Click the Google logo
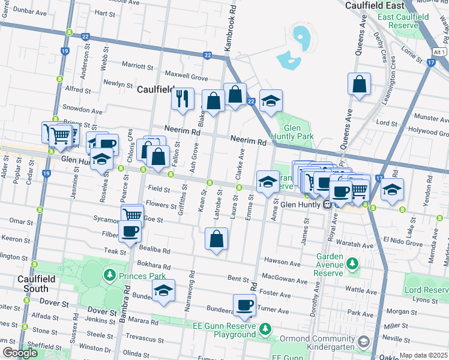[20, 353]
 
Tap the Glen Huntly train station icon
[328, 204]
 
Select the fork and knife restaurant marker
[182, 99]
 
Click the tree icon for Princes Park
[109, 275]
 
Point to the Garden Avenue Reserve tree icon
[352, 263]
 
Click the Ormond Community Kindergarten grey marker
[364, 341]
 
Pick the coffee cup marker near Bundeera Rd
[244, 305]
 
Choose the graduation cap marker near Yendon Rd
[393, 190]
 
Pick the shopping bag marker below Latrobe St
[216, 239]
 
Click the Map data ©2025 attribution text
[424, 355]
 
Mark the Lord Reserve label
[426, 290]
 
